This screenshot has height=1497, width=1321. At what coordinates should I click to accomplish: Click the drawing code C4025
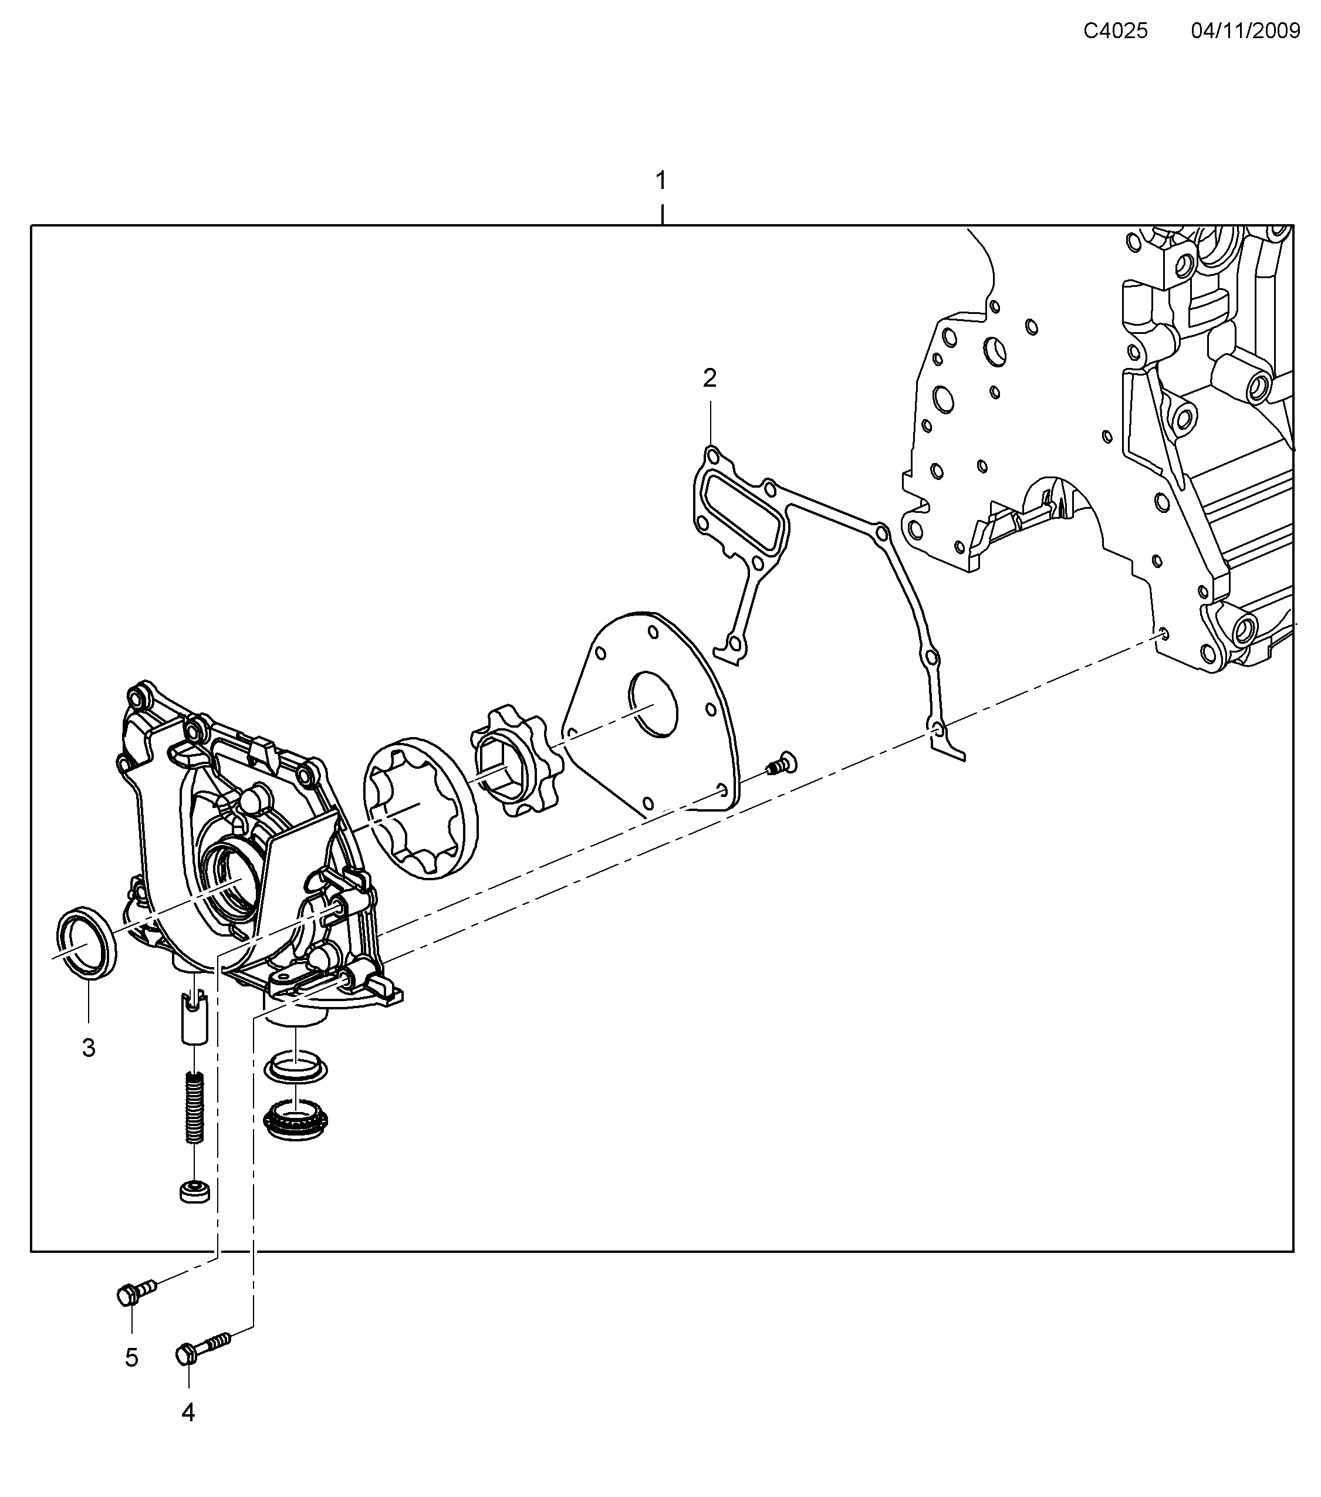point(1114,31)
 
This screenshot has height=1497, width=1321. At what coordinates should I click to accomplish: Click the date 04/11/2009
point(1245,31)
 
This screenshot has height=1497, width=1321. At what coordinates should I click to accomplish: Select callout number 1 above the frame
point(661,180)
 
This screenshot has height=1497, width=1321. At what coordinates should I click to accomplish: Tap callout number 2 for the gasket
point(709,378)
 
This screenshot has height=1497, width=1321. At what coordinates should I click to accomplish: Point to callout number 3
point(89,1048)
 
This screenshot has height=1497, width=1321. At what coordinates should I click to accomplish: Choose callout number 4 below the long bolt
point(188,1412)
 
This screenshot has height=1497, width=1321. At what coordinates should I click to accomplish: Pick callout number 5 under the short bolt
point(131,1358)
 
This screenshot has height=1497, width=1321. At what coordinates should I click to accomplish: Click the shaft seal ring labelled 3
point(86,941)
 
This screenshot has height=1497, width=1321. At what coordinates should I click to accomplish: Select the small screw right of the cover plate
point(782,763)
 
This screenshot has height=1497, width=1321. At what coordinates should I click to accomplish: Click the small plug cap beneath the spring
point(194,1190)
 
